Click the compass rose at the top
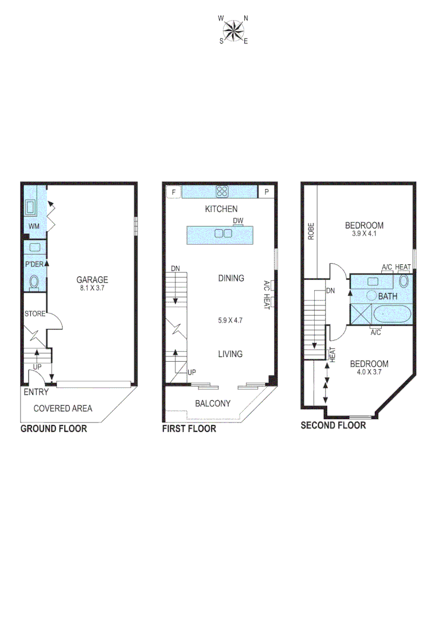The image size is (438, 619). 233,30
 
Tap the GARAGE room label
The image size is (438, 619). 92,280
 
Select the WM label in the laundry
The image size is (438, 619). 34,226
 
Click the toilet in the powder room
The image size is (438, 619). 34,282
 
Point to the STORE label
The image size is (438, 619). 34,314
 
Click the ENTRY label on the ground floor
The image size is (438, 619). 36,393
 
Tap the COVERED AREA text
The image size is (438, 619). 62,409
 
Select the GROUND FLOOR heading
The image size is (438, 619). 54,429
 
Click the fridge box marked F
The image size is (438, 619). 173,192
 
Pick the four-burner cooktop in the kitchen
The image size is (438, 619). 222,191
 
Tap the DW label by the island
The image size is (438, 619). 238,221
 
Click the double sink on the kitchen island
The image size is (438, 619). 223,233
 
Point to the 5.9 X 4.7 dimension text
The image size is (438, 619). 230,320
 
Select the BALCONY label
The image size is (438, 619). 213,403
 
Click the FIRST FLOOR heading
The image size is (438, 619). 189,429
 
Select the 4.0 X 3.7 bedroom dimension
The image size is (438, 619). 369,372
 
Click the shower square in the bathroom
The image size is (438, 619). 361,315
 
